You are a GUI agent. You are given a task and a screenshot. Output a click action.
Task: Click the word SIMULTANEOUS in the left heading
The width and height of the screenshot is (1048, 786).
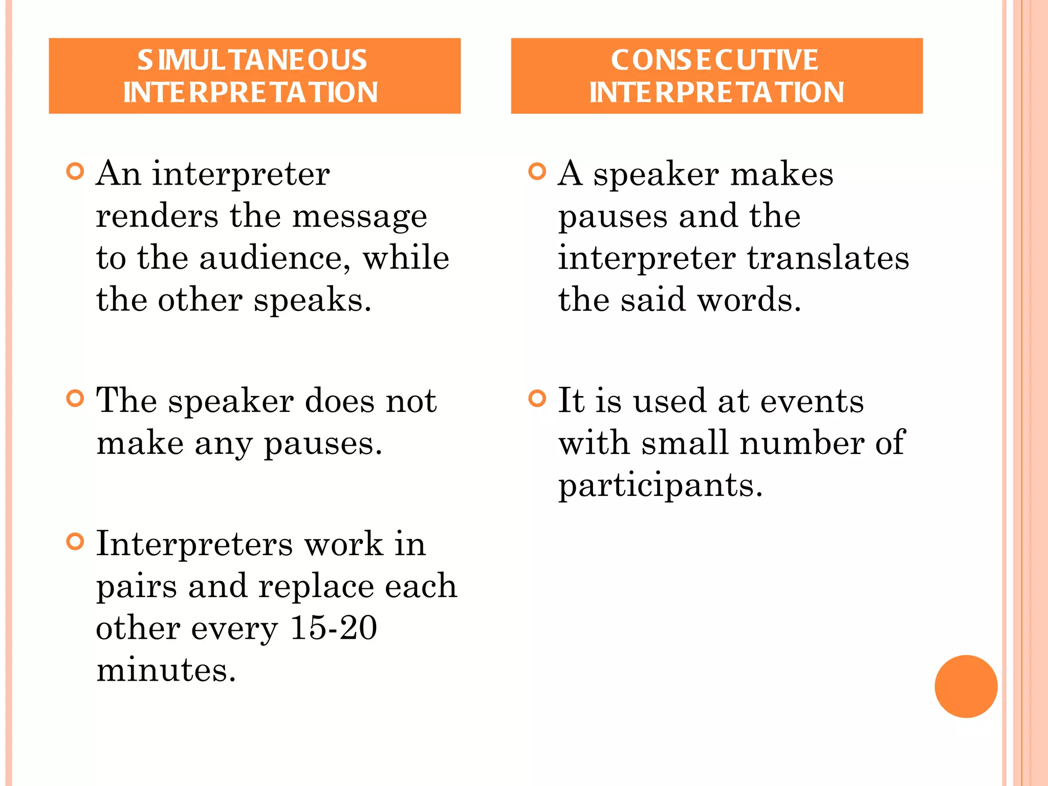point(252,60)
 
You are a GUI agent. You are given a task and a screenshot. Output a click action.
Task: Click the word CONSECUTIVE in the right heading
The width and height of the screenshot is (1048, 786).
point(714,60)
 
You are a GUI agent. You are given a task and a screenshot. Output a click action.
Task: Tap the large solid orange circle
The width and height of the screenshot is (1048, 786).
point(966,686)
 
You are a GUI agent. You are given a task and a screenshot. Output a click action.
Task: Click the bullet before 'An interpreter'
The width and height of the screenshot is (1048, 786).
point(75,171)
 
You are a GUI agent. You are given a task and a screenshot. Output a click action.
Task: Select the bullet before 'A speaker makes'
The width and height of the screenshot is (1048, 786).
point(537,171)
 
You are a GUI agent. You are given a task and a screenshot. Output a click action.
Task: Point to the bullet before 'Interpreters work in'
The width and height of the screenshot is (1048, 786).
point(75,541)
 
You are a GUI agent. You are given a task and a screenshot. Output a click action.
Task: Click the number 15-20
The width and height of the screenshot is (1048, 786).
point(333,628)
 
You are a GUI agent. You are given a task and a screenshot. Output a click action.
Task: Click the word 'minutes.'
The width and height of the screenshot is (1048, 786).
point(166,670)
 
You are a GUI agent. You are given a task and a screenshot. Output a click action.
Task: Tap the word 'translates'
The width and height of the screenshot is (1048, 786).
point(828,258)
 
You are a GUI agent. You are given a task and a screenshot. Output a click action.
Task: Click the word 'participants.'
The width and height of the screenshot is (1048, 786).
point(660,486)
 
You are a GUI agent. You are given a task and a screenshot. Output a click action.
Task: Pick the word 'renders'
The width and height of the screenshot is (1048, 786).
point(157,216)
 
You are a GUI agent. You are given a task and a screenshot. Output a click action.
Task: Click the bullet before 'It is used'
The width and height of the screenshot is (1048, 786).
point(537,398)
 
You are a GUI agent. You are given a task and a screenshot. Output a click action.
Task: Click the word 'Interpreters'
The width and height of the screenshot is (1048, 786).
point(194,544)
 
